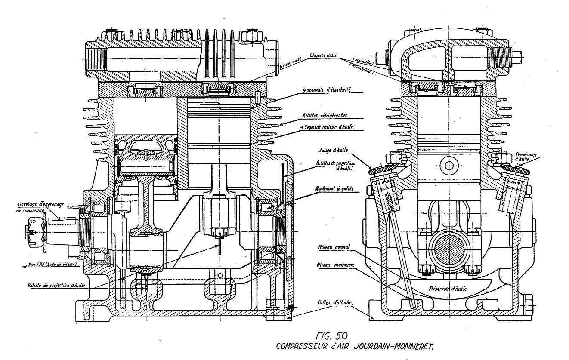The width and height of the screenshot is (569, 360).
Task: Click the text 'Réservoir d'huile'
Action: click(x=445, y=288)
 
